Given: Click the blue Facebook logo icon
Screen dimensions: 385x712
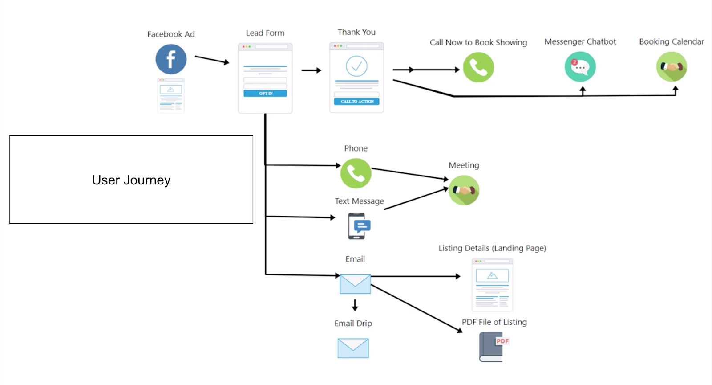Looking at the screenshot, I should (x=171, y=59).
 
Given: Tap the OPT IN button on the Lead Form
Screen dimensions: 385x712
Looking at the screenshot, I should (x=265, y=94).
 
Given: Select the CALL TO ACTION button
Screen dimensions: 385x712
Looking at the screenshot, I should (x=356, y=102).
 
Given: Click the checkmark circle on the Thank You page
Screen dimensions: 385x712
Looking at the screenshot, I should (x=356, y=66).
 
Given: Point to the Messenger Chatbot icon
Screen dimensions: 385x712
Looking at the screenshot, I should (x=580, y=67).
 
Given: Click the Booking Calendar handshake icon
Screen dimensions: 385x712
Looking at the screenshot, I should (x=672, y=67).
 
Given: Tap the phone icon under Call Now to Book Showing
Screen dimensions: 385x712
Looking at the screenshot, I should (x=478, y=67).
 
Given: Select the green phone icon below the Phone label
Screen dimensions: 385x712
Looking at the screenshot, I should (x=356, y=173).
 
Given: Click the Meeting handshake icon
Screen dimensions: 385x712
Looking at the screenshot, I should (x=464, y=190).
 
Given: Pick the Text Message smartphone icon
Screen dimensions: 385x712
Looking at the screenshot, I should (x=358, y=226).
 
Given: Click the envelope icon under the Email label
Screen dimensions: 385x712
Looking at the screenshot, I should (x=355, y=284).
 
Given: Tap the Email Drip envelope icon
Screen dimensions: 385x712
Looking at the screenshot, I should (x=353, y=348).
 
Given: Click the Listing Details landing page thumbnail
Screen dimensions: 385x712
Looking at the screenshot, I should (x=492, y=285).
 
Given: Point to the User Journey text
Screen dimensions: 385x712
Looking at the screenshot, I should (x=131, y=180).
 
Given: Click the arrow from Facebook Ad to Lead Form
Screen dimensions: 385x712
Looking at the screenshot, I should (x=212, y=60).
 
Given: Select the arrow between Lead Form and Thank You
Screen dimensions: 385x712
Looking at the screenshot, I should (x=311, y=70).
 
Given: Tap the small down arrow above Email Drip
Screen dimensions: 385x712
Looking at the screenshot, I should (x=355, y=305).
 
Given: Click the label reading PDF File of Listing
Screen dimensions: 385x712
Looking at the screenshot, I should (x=494, y=322).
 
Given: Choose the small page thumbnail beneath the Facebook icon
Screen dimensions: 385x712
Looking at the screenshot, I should (x=171, y=96).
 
